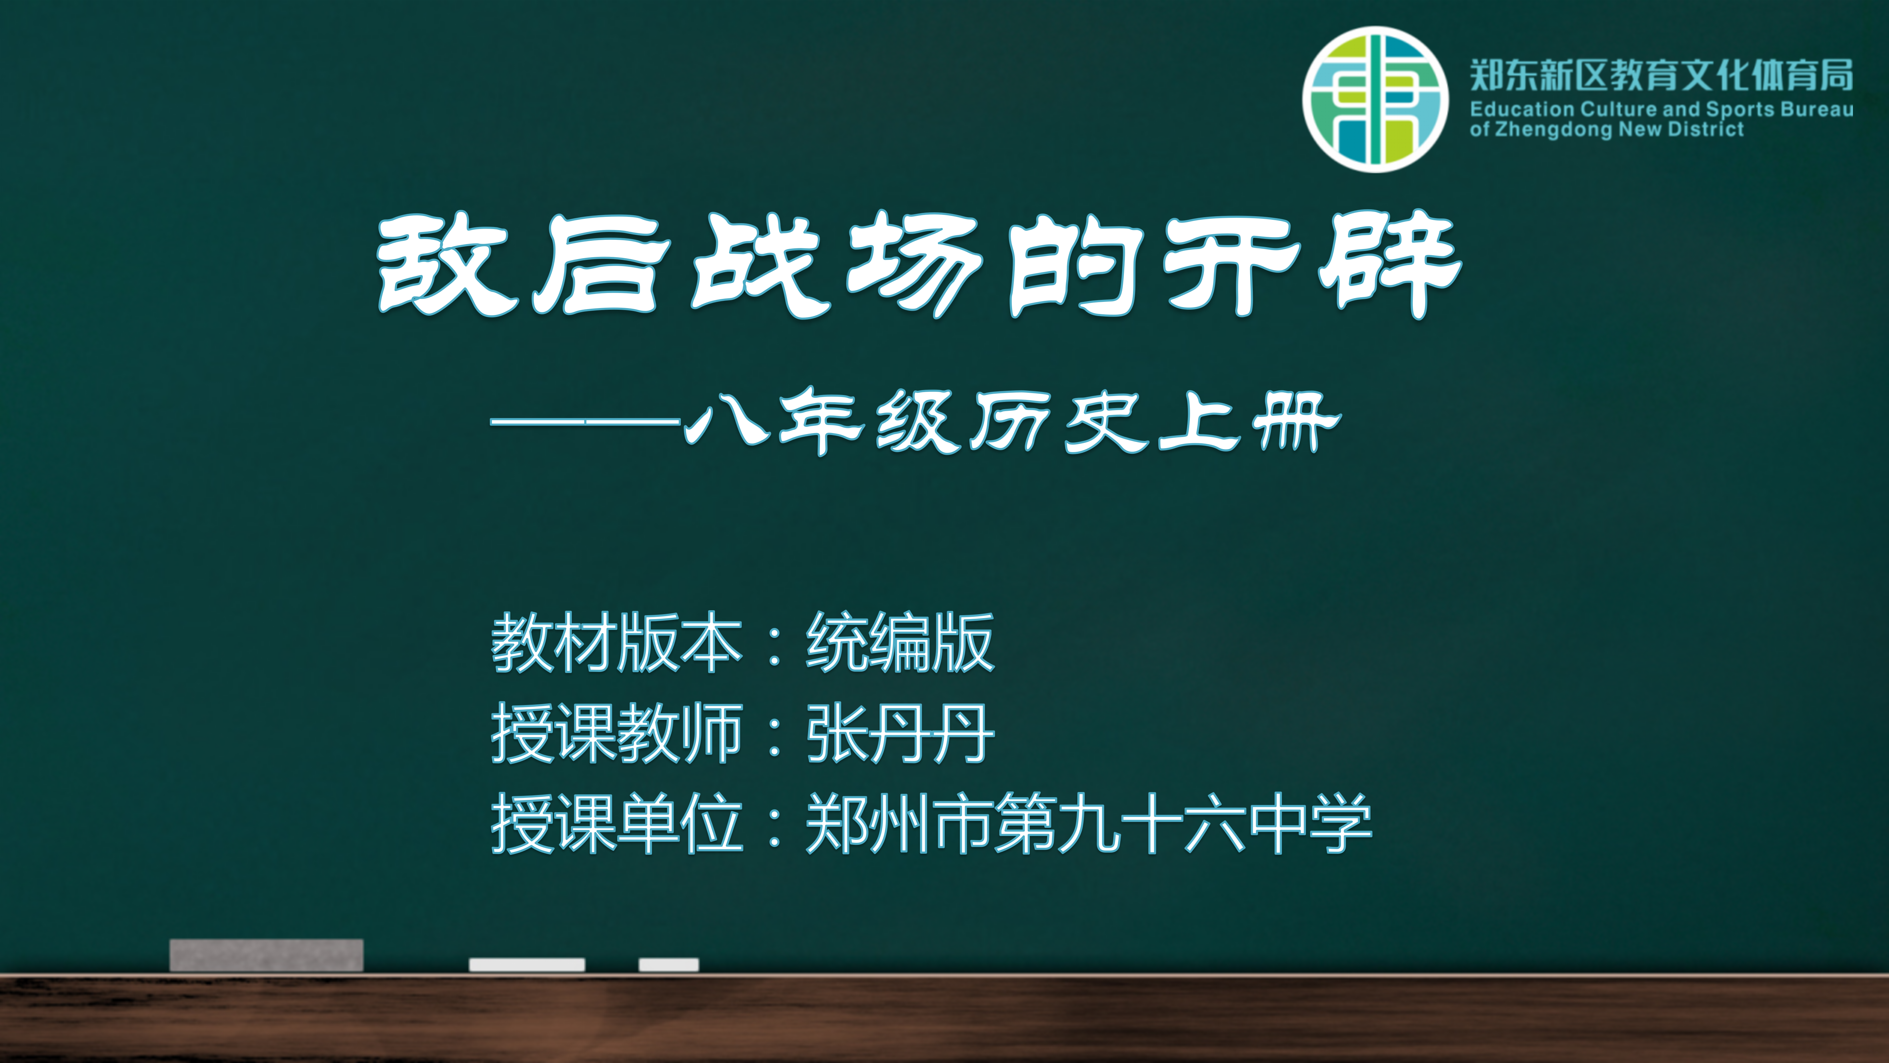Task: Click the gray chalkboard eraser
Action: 266,955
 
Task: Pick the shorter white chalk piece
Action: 669,965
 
